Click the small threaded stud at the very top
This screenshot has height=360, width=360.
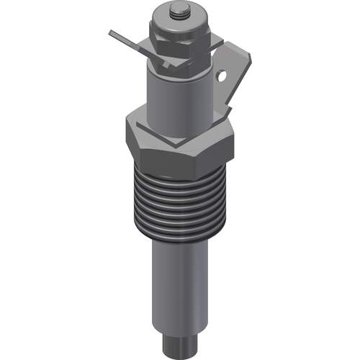(177, 11)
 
